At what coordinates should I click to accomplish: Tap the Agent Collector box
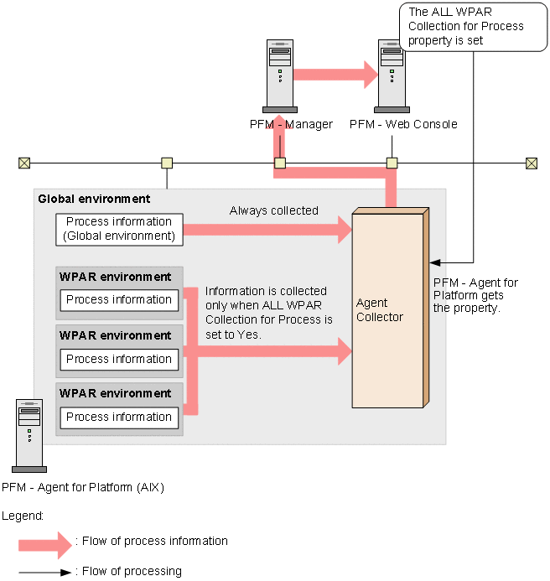tap(387, 309)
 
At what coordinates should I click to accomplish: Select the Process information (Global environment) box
tap(119, 229)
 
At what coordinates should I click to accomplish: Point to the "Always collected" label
tap(274, 210)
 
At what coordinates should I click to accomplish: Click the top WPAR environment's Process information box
tap(119, 299)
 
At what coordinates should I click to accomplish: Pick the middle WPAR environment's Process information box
tap(119, 359)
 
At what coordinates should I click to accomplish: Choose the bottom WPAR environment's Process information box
tap(119, 417)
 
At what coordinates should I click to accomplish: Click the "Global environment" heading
tap(94, 199)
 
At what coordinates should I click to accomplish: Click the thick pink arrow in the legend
tap(45, 545)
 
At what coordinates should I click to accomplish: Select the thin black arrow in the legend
tap(45, 572)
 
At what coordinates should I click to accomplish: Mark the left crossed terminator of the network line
tap(24, 163)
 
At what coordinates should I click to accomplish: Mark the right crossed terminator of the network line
tap(531, 163)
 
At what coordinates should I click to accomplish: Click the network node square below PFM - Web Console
tap(392, 163)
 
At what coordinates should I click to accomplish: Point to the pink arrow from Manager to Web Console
tap(335, 74)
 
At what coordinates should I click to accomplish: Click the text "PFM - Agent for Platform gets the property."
tap(475, 295)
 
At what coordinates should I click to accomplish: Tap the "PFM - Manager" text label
tap(291, 124)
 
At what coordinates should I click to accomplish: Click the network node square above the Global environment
tap(167, 163)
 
